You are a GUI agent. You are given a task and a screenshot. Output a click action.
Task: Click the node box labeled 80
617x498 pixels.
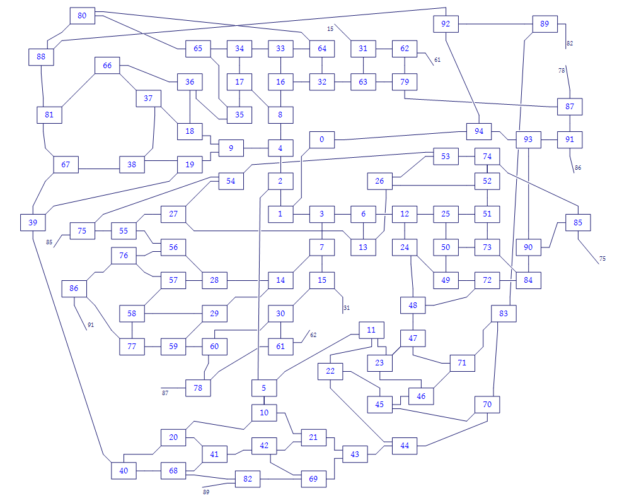(x=82, y=15)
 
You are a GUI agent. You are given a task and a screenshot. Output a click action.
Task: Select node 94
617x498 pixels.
(x=479, y=131)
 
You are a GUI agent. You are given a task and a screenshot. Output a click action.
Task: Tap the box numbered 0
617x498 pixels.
(x=321, y=139)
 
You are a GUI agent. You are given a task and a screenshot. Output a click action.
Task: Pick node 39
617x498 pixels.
(x=32, y=222)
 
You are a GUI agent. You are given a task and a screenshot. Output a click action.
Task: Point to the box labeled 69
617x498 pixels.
(x=313, y=479)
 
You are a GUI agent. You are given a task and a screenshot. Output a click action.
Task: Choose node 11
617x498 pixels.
(x=371, y=329)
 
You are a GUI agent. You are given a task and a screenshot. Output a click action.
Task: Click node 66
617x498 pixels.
(x=107, y=66)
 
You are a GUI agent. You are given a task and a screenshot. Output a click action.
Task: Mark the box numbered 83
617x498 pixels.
(x=504, y=313)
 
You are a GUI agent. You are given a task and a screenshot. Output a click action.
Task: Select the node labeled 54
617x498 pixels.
(x=231, y=181)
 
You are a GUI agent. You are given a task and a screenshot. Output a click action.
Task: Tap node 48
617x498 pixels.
(x=413, y=305)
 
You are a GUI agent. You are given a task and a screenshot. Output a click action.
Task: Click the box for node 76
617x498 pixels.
(x=124, y=256)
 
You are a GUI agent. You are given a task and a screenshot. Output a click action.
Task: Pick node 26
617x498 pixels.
(x=379, y=181)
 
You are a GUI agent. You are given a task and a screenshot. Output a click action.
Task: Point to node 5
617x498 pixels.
(x=264, y=388)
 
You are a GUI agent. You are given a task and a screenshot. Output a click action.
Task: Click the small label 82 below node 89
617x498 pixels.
(x=570, y=44)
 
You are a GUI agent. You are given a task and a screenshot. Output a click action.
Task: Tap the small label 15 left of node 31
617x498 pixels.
(x=330, y=28)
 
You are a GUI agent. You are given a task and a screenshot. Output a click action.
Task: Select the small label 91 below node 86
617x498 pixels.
(x=91, y=325)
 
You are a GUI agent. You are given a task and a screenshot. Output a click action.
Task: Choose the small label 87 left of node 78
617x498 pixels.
(x=165, y=393)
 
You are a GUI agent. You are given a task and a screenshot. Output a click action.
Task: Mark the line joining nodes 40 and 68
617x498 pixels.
(x=148, y=470)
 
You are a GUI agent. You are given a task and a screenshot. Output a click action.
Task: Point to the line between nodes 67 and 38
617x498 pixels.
(x=99, y=169)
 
